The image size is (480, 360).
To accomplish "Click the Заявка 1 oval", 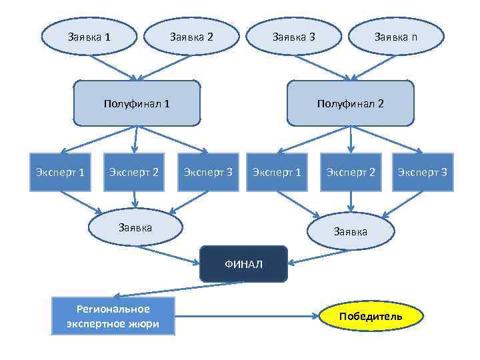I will [89, 37].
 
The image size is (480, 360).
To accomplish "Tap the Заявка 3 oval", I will [294, 37].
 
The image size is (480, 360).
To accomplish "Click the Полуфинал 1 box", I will [137, 103].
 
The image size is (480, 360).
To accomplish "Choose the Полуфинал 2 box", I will [351, 103].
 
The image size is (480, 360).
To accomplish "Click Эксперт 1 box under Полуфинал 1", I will [59, 173].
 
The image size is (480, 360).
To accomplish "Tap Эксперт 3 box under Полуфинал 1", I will [208, 173].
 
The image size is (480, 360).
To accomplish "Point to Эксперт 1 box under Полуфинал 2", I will [276, 173].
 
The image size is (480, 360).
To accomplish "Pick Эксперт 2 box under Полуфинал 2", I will [350, 173].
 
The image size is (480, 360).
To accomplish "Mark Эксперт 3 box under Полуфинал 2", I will [423, 173].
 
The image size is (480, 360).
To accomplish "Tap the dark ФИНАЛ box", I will [243, 264].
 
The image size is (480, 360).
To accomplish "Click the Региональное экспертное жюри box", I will [113, 316].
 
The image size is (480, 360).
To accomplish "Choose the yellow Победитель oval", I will [371, 316].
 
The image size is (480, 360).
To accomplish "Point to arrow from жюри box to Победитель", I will [247, 316].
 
